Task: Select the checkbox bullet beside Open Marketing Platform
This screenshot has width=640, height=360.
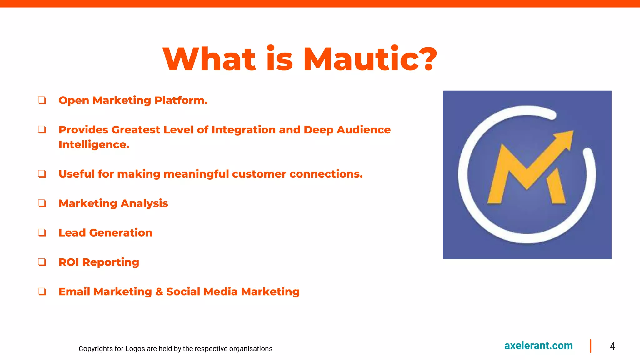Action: (x=42, y=100)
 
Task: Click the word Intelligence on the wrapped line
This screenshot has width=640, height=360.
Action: (x=94, y=144)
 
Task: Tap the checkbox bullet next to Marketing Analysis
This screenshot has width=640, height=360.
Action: (x=42, y=203)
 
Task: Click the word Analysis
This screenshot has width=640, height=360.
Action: (x=144, y=203)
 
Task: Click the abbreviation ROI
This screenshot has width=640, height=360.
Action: (x=69, y=262)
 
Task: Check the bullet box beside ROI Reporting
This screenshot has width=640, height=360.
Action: (x=42, y=262)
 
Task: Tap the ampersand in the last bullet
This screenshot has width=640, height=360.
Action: (x=159, y=292)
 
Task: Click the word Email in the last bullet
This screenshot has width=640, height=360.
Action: (x=74, y=292)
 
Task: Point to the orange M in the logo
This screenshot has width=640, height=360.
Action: (x=519, y=178)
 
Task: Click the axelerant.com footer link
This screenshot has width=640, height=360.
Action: (x=538, y=346)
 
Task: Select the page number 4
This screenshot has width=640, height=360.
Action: (x=612, y=346)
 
